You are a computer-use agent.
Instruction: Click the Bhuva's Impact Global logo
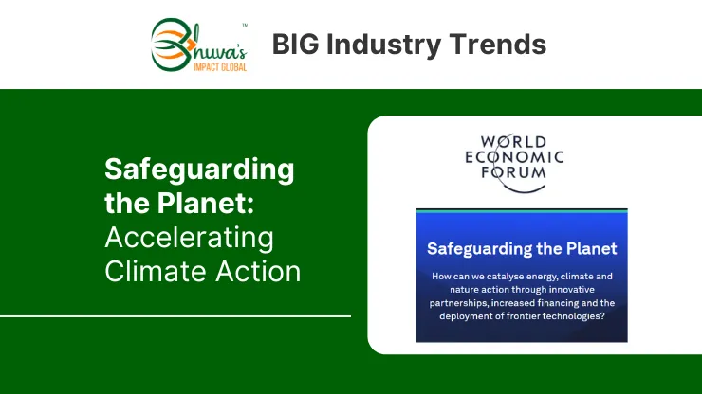point(199,45)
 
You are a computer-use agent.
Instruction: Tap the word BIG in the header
point(295,45)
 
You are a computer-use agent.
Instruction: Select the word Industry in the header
point(383,45)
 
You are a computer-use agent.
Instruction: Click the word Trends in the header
point(498,45)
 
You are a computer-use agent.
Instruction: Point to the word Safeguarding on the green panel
point(199,170)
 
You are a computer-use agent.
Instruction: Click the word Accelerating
point(189,239)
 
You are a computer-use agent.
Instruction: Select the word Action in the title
point(258,271)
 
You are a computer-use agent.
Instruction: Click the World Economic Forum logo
point(514,163)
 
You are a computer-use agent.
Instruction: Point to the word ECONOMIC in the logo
point(514,157)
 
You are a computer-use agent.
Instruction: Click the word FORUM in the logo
point(513,172)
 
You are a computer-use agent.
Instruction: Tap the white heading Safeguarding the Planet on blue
point(522,249)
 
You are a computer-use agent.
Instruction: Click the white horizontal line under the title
point(175,316)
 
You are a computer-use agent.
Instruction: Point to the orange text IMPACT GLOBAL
point(220,67)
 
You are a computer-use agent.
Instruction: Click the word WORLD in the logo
point(513,142)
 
